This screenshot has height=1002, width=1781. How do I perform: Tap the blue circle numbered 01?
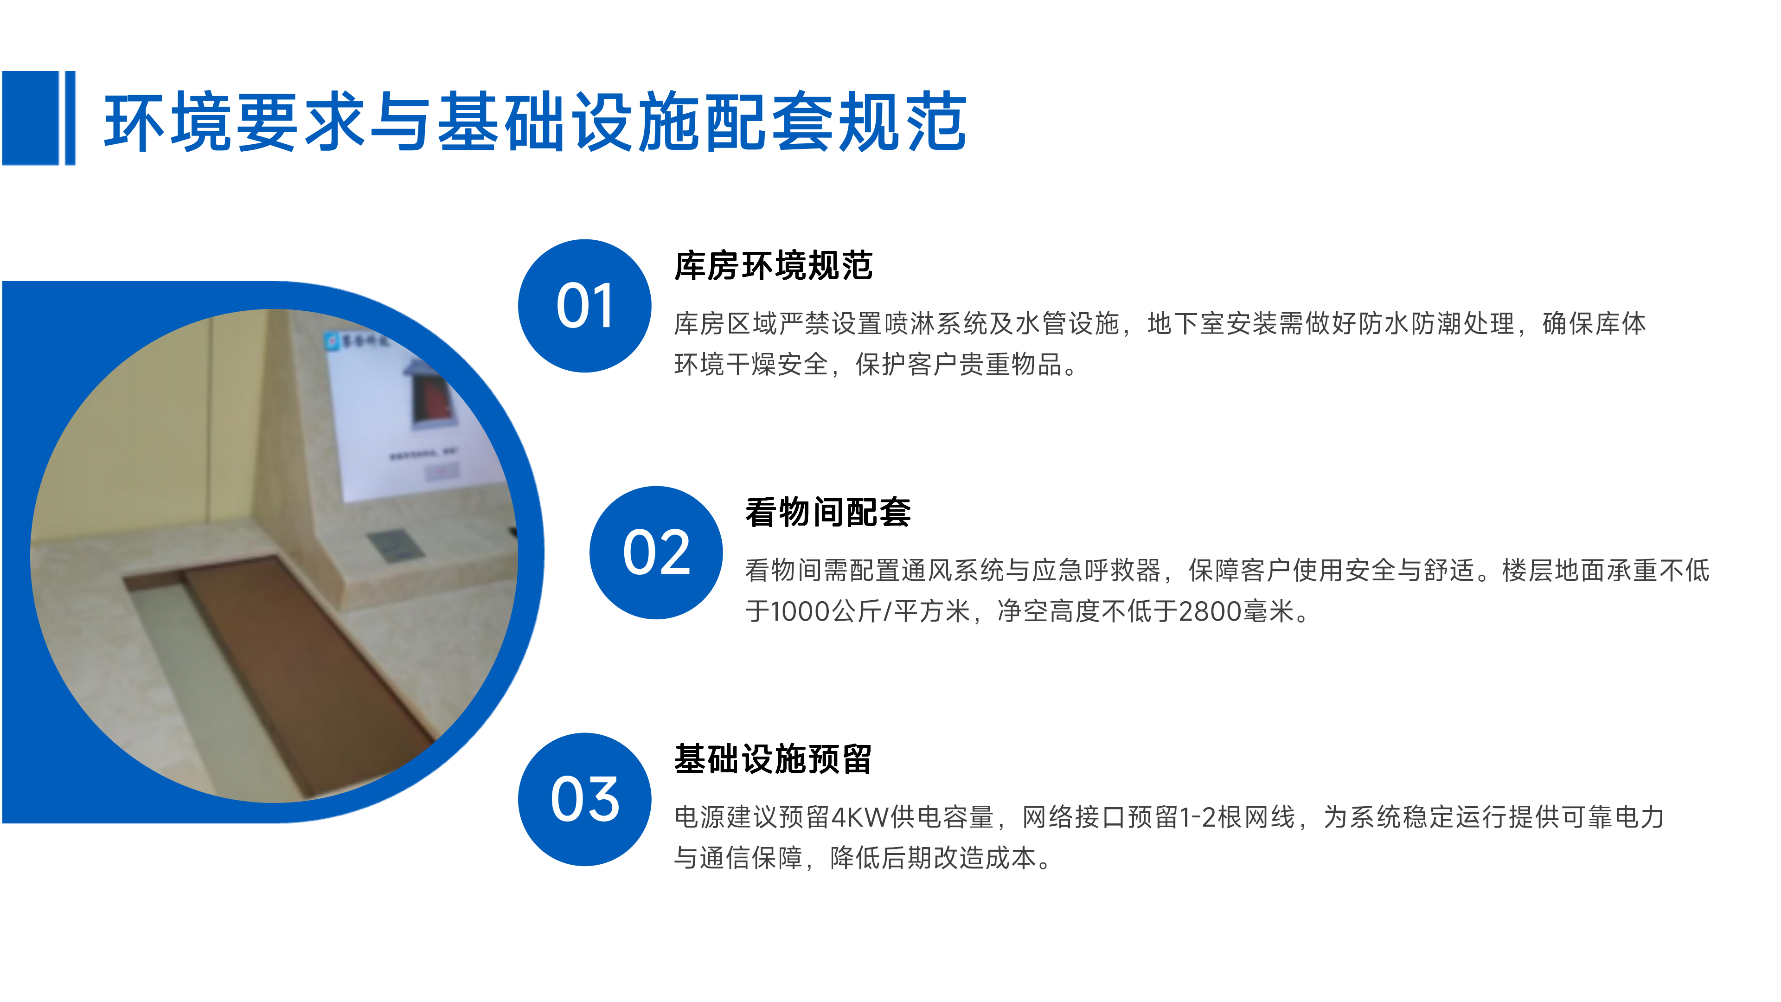[x=584, y=306]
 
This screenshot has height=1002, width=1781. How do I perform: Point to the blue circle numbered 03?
[x=584, y=799]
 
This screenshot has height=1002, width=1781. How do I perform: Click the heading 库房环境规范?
[x=773, y=266]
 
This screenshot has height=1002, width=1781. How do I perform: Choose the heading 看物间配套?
[x=827, y=513]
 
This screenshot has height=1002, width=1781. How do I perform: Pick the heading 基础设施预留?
[x=773, y=759]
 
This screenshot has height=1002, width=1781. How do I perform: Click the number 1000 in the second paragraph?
[x=800, y=612]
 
